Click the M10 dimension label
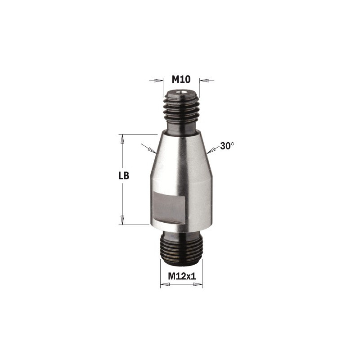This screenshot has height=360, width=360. click(x=181, y=80)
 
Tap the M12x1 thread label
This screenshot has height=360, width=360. click(x=181, y=277)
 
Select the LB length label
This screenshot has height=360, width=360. click(x=124, y=176)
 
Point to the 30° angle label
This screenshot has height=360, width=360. click(x=228, y=146)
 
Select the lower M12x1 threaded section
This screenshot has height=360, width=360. click(x=181, y=250)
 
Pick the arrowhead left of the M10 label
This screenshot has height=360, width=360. click(x=158, y=81)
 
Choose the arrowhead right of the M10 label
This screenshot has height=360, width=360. click(x=205, y=81)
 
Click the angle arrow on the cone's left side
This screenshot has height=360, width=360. click(x=148, y=148)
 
